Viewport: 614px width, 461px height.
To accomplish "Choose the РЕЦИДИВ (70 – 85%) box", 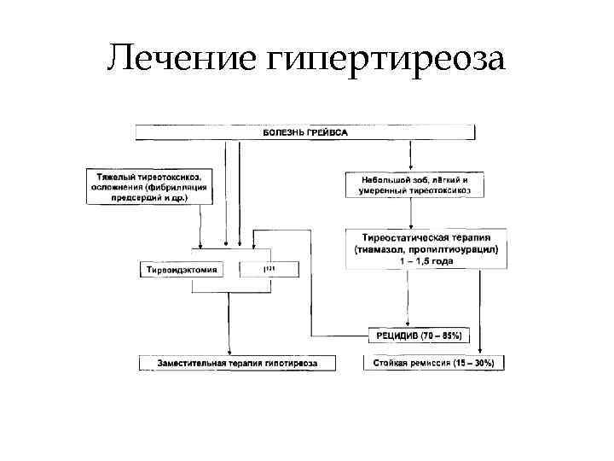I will coord(418,336).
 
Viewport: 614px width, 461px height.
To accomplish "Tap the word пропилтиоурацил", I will coord(460,249).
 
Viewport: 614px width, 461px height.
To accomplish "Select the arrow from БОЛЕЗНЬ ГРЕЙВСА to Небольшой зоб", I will coord(412,154).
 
